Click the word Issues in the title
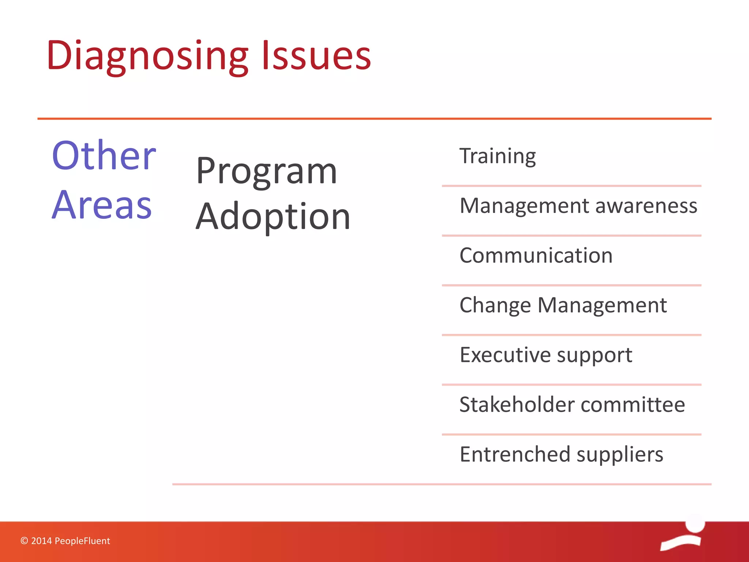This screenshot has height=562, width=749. click(x=317, y=56)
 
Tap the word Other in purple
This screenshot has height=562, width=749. click(x=104, y=156)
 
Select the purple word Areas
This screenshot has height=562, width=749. click(x=102, y=205)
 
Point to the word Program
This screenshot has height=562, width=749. click(x=266, y=172)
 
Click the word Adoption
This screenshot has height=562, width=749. click(x=273, y=217)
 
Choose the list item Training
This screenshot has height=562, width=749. click(x=497, y=157)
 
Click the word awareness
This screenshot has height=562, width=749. click(x=646, y=206)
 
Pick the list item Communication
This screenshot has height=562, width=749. click(x=536, y=255)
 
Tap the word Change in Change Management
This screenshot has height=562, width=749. click(x=495, y=305)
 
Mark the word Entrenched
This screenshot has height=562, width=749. click(x=515, y=454)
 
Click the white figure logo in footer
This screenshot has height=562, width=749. click(x=683, y=533)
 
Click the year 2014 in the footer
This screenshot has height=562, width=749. click(x=41, y=541)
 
